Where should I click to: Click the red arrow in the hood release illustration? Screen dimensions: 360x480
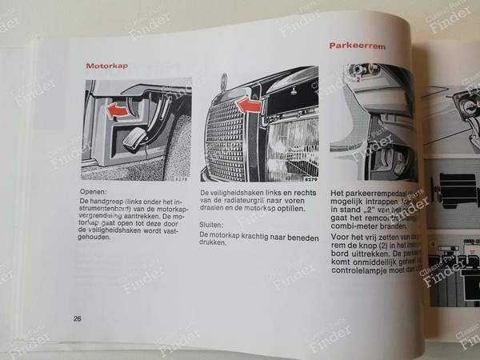[116, 108]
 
